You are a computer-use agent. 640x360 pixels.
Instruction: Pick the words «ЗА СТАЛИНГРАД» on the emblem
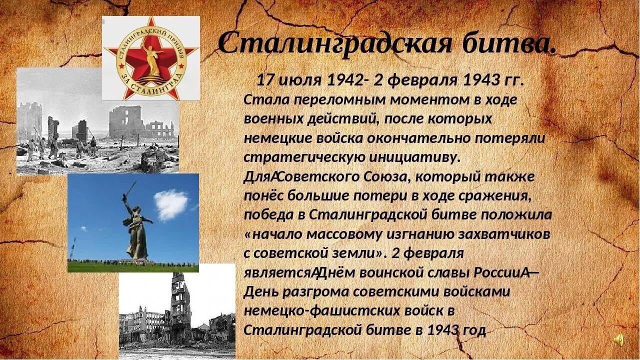pyautogui.click(x=150, y=90)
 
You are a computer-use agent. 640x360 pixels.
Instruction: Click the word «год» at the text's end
pyautogui.click(x=472, y=330)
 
